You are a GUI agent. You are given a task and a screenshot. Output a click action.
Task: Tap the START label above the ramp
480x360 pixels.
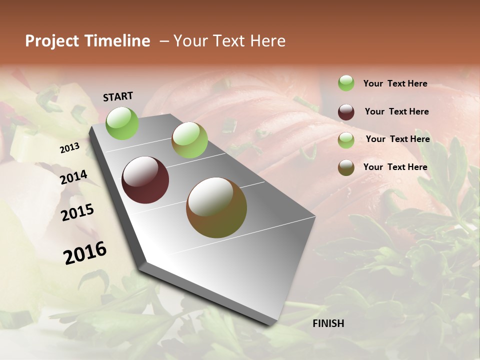pyautogui.click(x=118, y=96)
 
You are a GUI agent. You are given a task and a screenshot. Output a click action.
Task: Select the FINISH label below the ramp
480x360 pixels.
pyautogui.click(x=328, y=323)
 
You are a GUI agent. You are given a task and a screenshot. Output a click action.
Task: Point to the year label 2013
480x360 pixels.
pyautogui.click(x=69, y=148)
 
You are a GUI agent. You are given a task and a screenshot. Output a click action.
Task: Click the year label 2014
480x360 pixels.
pyautogui.click(x=73, y=177)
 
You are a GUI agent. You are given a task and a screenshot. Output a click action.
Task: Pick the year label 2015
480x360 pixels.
pyautogui.click(x=77, y=212)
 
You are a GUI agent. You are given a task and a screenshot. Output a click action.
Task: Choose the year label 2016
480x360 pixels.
pyautogui.click(x=85, y=252)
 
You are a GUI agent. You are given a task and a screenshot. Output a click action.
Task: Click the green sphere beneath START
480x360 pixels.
pyautogui.click(x=122, y=123)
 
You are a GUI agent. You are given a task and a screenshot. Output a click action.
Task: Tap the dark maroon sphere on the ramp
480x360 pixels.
pyautogui.click(x=145, y=180)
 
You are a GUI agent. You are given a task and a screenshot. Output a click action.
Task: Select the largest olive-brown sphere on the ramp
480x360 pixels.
pyautogui.click(x=216, y=207)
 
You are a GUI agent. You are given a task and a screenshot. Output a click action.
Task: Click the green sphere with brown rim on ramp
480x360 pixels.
pyautogui.click(x=189, y=140)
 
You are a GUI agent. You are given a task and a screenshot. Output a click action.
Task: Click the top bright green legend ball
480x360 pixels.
pyautogui.click(x=346, y=83)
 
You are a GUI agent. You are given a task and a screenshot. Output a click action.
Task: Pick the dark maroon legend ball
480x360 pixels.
pyautogui.click(x=346, y=111)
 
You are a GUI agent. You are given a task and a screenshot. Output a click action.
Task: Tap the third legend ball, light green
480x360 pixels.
pyautogui.click(x=346, y=140)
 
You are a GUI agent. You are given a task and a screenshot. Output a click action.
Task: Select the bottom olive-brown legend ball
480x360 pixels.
pyautogui.click(x=346, y=167)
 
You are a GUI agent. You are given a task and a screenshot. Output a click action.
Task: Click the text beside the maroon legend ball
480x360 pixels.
pyautogui.click(x=396, y=111)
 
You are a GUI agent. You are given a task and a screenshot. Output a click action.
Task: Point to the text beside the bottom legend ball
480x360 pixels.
pyautogui.click(x=395, y=167)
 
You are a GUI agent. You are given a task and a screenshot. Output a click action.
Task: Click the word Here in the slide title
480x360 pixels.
pyautogui.click(x=267, y=41)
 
